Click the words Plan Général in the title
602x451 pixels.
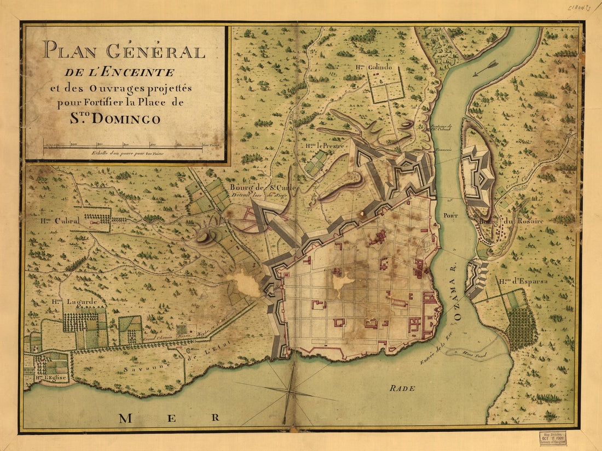[124, 51]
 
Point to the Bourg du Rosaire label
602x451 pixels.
[503, 221]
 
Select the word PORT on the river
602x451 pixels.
[451, 215]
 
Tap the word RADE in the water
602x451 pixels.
[402, 388]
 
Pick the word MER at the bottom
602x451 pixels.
[169, 418]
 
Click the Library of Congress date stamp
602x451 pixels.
[552, 438]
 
